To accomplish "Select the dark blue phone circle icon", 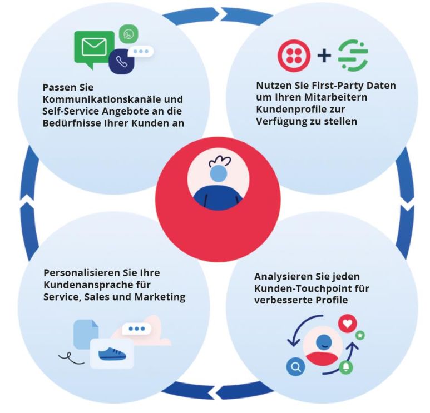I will [x=121, y=62].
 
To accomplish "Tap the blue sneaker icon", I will [x=112, y=352].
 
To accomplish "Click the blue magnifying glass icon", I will [x=296, y=366].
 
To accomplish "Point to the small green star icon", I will [x=360, y=335].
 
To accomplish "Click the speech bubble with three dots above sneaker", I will [x=136, y=329].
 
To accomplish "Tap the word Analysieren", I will [x=281, y=277].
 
